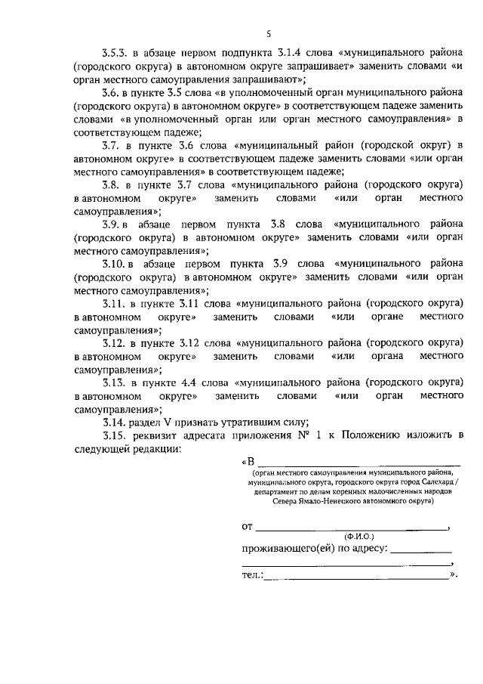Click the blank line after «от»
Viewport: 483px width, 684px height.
click(351, 527)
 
